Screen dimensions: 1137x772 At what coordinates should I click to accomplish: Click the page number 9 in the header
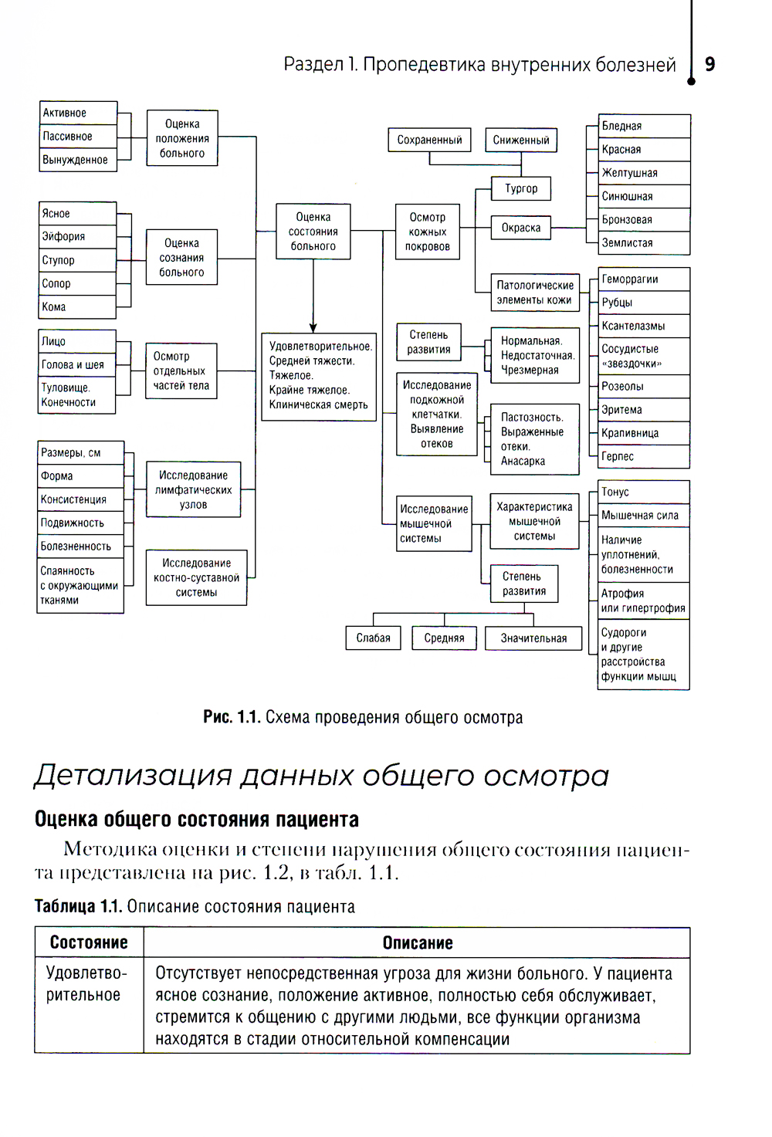[709, 64]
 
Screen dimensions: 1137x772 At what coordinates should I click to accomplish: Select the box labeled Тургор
[521, 188]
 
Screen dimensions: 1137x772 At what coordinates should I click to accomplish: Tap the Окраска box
[521, 228]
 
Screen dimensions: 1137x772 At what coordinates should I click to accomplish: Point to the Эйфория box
[77, 237]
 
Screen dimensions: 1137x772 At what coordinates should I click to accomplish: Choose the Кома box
[77, 307]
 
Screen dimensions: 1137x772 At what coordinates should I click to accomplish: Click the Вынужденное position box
[78, 160]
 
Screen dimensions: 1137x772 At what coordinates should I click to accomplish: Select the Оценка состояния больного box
[313, 232]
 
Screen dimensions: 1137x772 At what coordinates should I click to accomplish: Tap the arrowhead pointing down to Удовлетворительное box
[313, 327]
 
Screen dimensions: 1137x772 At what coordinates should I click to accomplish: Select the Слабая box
[373, 638]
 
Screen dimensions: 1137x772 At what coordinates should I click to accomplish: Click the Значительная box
[533, 638]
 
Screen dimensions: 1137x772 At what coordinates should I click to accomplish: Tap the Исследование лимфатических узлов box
[193, 490]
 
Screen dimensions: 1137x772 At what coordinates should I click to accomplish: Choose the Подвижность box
[80, 523]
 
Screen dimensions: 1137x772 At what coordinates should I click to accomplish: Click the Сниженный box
[521, 140]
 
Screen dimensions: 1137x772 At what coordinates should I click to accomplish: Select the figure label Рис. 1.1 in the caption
[231, 717]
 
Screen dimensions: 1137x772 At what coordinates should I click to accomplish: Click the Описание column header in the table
[417, 942]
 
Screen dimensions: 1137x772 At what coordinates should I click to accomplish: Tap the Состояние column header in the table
[89, 942]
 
